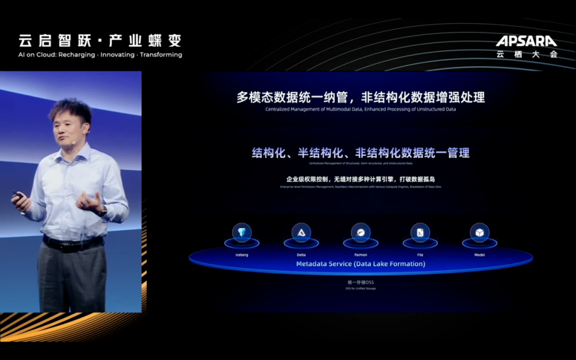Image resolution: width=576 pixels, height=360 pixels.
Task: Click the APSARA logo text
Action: (x=526, y=41)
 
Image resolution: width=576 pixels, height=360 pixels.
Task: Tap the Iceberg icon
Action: (x=242, y=233)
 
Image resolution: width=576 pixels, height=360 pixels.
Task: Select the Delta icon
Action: (x=301, y=233)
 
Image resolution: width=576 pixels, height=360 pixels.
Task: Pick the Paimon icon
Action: (x=361, y=233)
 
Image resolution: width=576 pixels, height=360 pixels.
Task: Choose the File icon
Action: (x=420, y=233)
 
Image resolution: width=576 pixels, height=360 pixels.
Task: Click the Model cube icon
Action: (x=479, y=233)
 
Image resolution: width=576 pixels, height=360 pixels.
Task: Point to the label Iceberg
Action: (x=242, y=255)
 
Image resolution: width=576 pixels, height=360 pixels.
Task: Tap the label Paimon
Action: (x=361, y=255)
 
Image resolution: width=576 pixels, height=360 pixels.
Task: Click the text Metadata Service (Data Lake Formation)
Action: (x=361, y=264)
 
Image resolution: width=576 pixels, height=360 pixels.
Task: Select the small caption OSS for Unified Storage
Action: (x=361, y=289)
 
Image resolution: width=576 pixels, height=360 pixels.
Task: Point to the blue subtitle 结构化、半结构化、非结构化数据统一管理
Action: (x=361, y=153)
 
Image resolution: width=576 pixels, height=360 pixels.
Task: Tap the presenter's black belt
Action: (x=73, y=244)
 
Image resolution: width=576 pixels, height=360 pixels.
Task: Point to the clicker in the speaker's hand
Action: (x=18, y=195)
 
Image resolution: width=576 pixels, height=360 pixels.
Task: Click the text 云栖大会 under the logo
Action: (x=526, y=54)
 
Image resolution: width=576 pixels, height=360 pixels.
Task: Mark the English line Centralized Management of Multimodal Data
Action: (x=361, y=109)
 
